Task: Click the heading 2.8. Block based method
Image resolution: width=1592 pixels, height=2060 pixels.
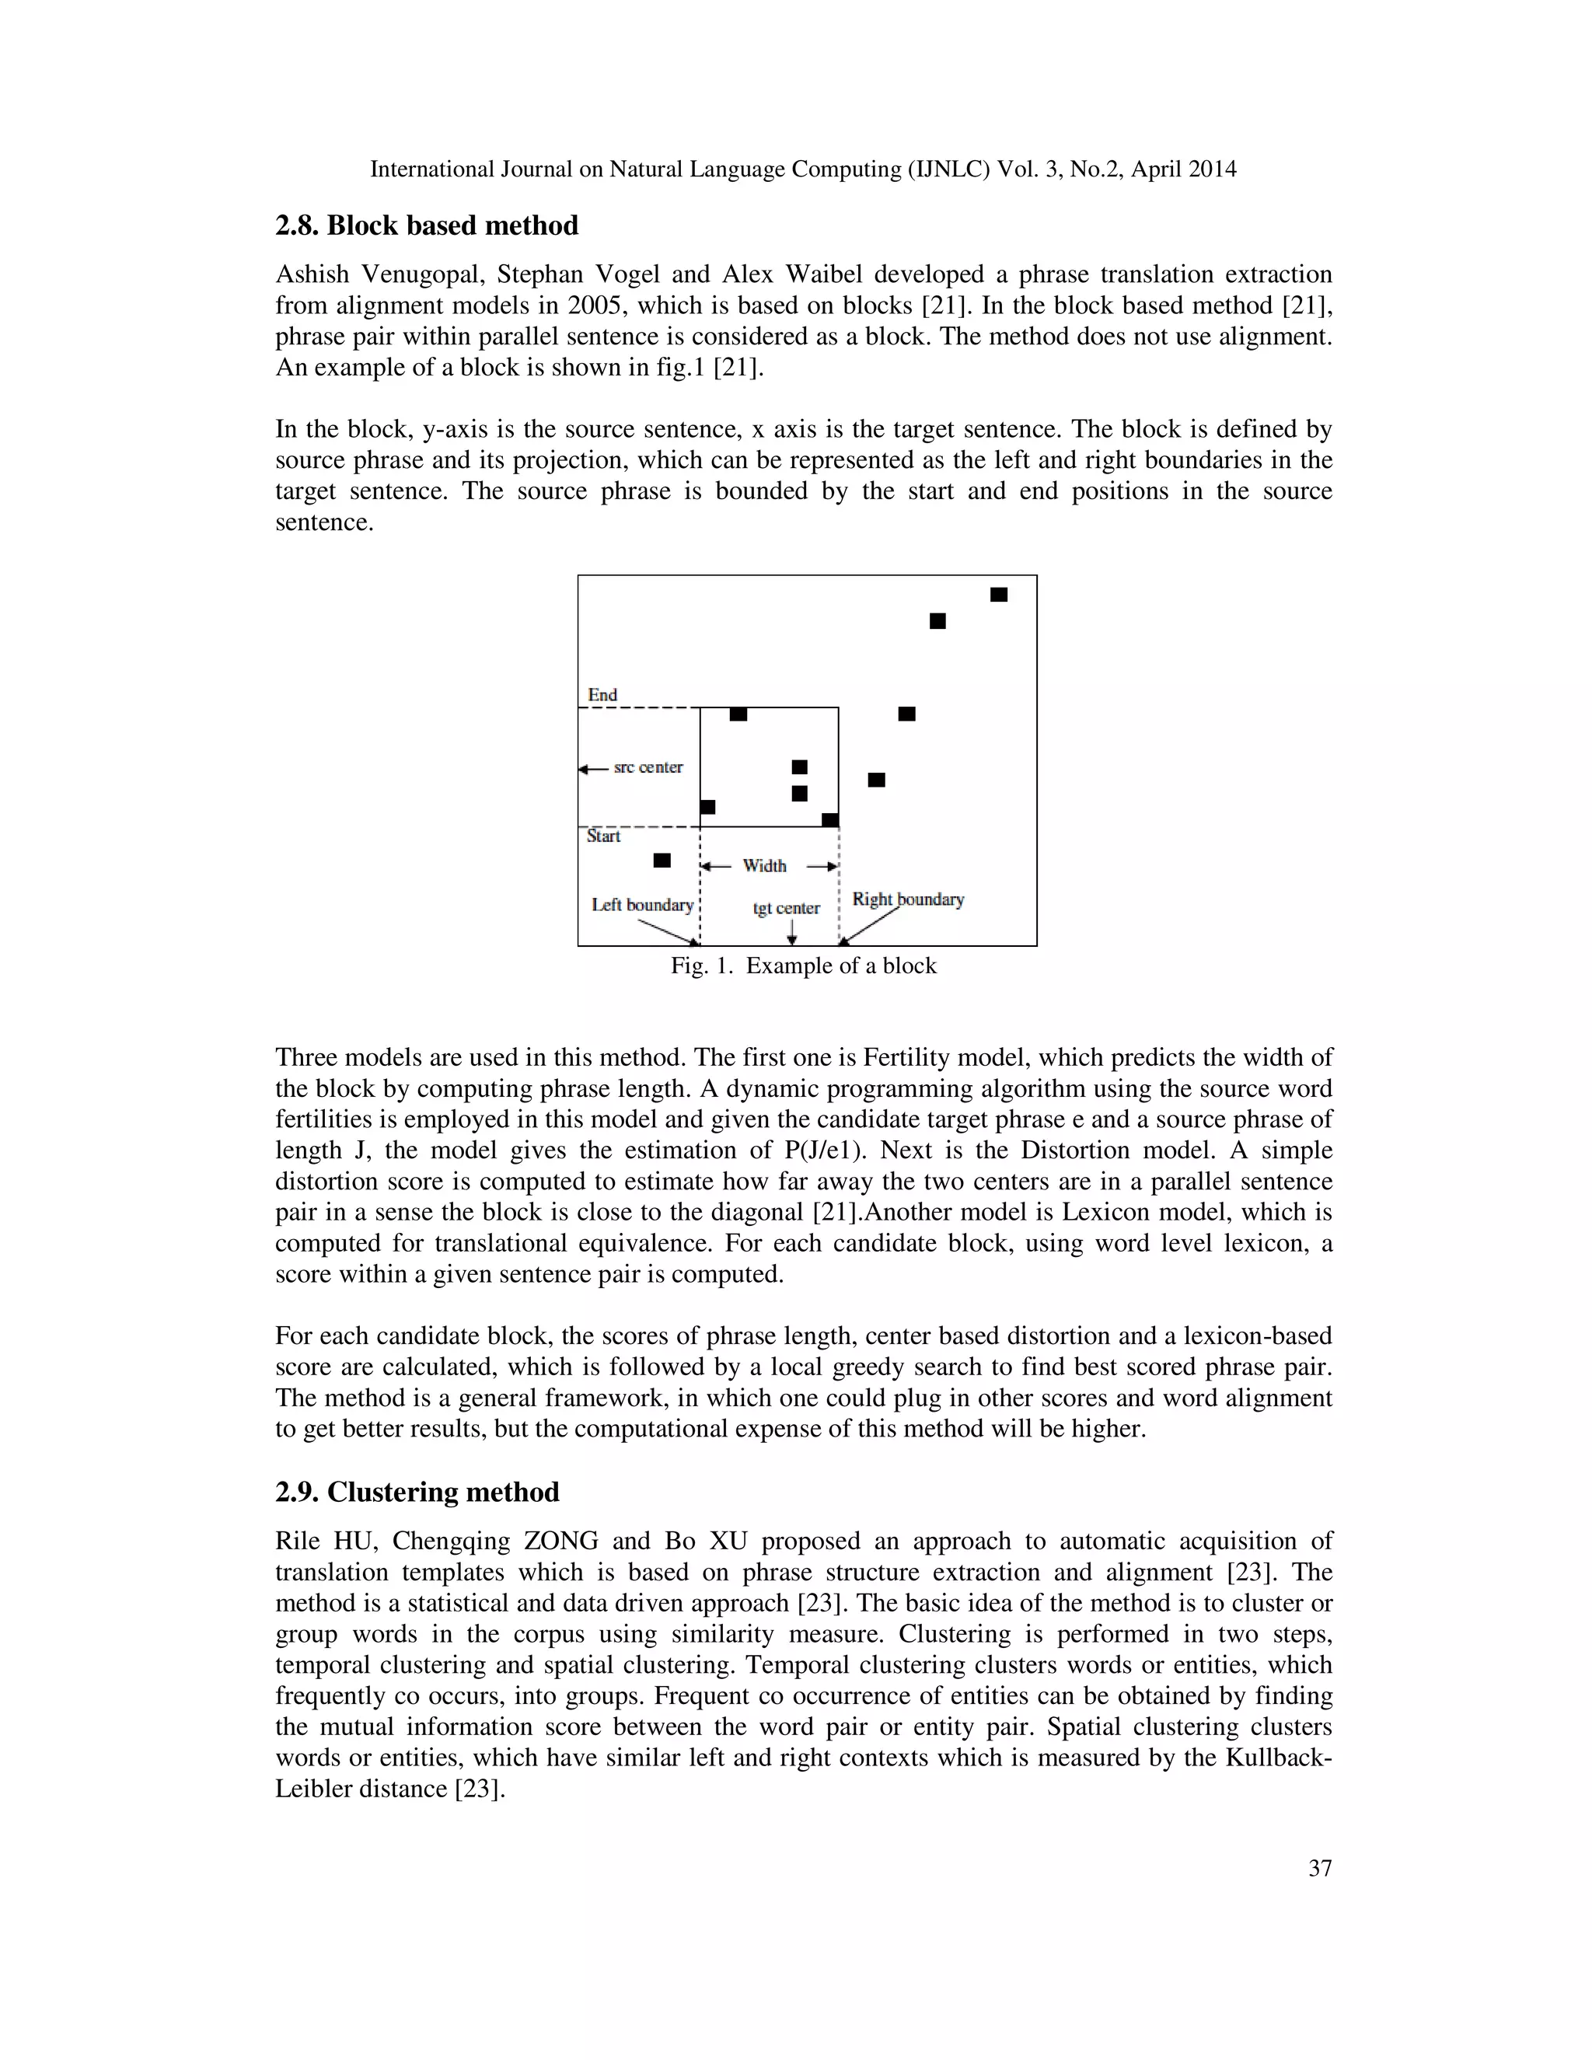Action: click(x=426, y=226)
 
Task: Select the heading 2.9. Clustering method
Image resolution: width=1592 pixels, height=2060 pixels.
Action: click(x=417, y=1493)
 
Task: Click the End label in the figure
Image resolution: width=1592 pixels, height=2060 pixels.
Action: click(x=602, y=695)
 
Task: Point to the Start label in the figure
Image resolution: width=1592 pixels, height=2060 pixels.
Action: click(x=603, y=836)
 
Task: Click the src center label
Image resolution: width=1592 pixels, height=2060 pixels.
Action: click(x=648, y=766)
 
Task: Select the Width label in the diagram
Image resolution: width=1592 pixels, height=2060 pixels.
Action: click(x=764, y=866)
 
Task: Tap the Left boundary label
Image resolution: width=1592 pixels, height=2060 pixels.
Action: click(x=642, y=905)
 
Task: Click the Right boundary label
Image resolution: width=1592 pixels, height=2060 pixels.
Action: click(x=907, y=899)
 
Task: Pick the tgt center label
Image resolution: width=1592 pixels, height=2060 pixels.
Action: click(x=786, y=908)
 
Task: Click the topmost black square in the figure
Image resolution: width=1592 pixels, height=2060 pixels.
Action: click(x=999, y=594)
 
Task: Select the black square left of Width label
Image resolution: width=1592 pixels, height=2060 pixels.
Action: click(x=662, y=861)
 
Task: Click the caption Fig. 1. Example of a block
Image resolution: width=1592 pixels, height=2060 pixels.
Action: click(x=804, y=965)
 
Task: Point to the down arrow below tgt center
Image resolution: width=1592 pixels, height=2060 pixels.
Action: click(x=791, y=932)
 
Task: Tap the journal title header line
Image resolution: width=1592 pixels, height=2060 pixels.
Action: click(x=802, y=169)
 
